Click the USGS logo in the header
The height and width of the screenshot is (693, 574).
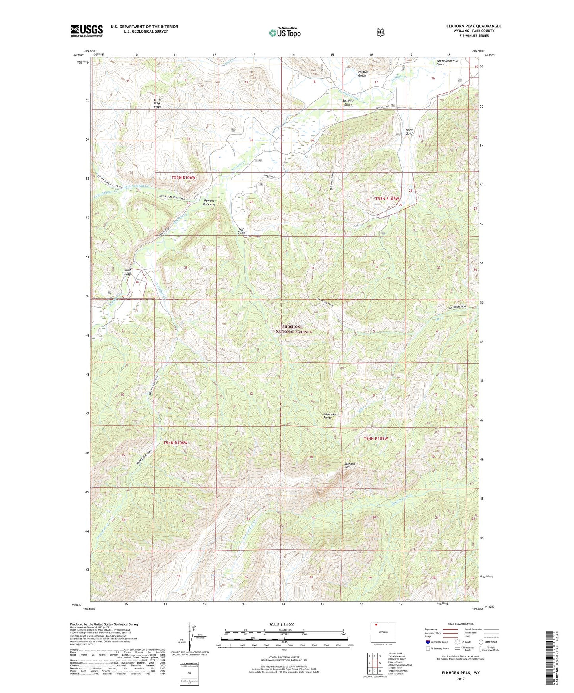click(87, 30)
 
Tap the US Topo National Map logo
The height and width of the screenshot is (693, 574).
click(284, 32)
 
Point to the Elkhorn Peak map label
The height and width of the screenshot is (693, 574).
click(350, 466)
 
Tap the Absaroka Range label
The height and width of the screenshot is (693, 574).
click(329, 416)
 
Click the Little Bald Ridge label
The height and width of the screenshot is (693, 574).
click(158, 103)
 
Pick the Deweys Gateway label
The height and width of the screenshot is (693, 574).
click(209, 202)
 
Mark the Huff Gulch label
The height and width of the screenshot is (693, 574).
click(241, 231)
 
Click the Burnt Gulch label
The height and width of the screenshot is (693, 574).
click(127, 272)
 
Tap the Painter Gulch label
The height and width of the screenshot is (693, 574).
click(363, 74)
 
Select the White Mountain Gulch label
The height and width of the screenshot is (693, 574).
click(447, 62)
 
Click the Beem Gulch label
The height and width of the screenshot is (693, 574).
click(410, 132)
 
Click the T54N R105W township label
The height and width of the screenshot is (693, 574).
click(375, 439)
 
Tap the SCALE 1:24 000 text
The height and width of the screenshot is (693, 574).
click(282, 624)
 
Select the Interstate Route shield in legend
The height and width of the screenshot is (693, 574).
click(427, 642)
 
